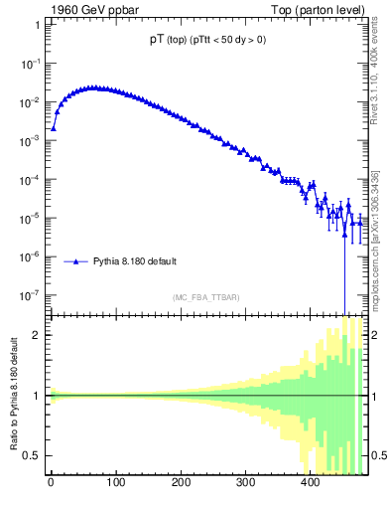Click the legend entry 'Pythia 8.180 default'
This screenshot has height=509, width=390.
pos(135,261)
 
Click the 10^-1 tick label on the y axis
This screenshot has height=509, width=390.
pos(32,64)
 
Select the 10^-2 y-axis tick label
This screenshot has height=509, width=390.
pos(32,102)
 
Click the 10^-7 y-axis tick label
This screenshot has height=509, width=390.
pos(32,295)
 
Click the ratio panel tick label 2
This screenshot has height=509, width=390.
pos(38,335)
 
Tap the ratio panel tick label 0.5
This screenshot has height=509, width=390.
pos(34,455)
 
